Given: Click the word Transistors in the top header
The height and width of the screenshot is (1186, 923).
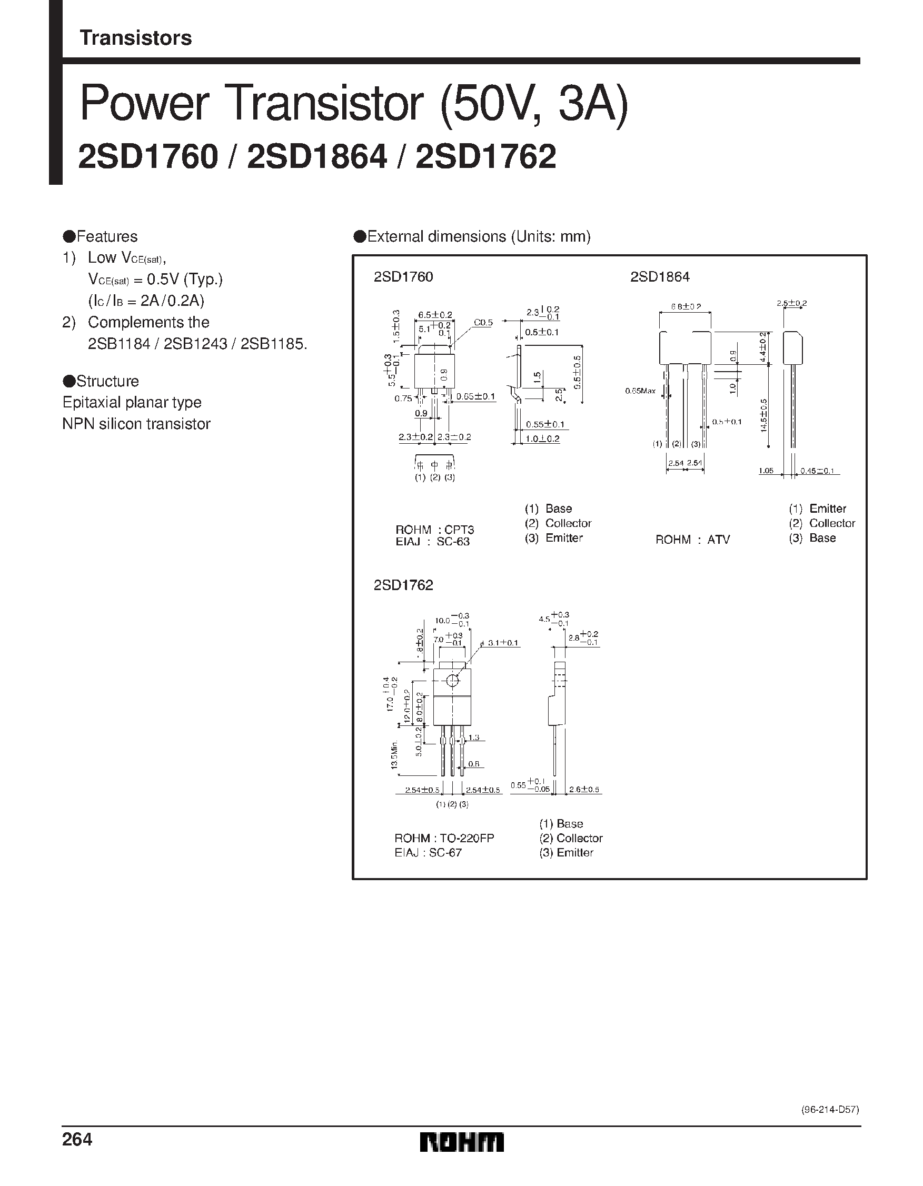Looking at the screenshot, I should pyautogui.click(x=135, y=38).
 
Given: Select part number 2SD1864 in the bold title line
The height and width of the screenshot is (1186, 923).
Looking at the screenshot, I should pyautogui.click(x=317, y=157).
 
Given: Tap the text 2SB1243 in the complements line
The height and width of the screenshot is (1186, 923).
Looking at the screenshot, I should pyautogui.click(x=195, y=344).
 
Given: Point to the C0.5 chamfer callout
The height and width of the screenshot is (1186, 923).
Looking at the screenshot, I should pyautogui.click(x=483, y=323).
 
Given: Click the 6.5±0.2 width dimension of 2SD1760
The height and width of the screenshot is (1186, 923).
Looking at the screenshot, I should pyautogui.click(x=435, y=314).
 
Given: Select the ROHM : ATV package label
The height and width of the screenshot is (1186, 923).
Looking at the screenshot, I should pyautogui.click(x=692, y=539).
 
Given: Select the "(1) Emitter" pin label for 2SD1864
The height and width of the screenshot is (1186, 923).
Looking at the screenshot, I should pyautogui.click(x=817, y=509).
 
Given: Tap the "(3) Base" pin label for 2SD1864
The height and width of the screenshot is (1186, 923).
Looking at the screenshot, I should pyautogui.click(x=812, y=538).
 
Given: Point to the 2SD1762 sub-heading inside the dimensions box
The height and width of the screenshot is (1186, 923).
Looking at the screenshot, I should pyautogui.click(x=403, y=585).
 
